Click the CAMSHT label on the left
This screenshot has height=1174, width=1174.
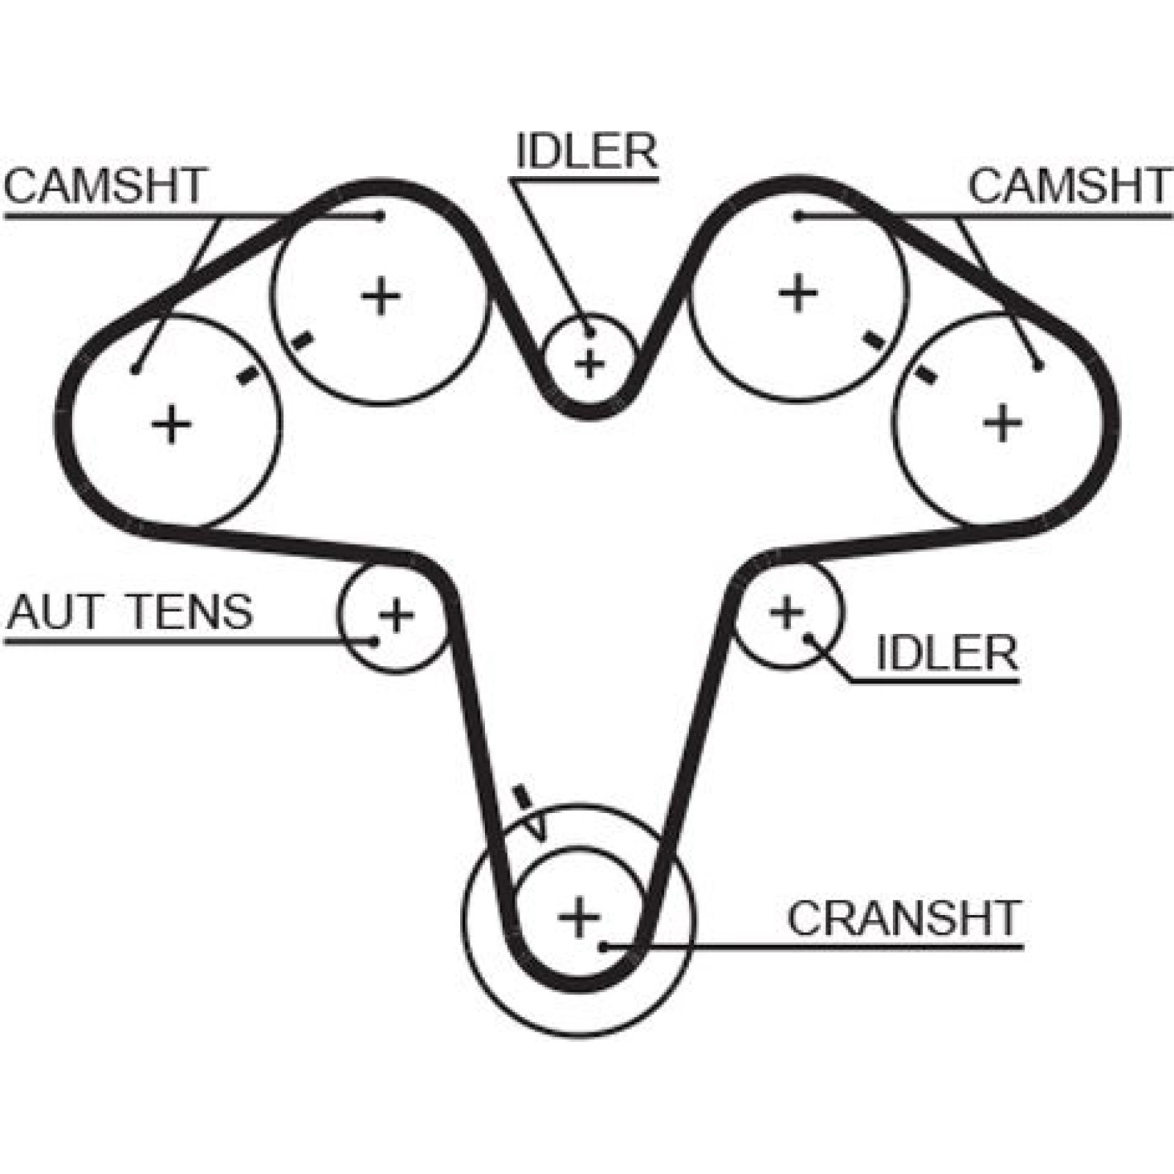(106, 186)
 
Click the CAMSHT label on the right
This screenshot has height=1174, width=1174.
(1070, 186)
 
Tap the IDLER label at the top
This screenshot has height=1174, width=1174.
(586, 151)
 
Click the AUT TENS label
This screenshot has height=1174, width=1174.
(130, 612)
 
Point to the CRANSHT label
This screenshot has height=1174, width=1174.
(904, 917)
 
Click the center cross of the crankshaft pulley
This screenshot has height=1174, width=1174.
(580, 917)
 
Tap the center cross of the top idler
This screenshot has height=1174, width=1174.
(589, 363)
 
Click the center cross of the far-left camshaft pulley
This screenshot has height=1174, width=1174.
(172, 424)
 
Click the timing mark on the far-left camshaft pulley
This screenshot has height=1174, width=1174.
(249, 374)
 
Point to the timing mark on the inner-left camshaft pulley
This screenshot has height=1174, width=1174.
(302, 340)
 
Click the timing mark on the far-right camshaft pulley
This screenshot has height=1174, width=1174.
(927, 373)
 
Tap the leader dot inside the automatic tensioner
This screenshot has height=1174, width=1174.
(373, 641)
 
